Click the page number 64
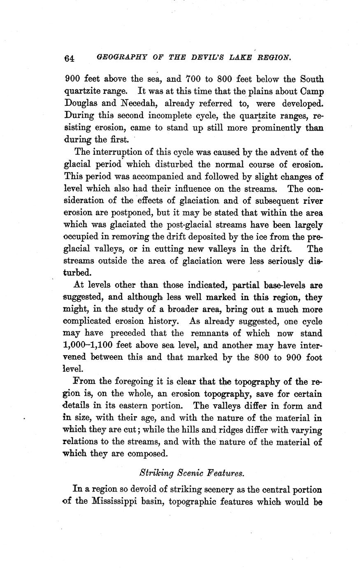pos(69,59)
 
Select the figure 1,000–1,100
pos(91,346)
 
